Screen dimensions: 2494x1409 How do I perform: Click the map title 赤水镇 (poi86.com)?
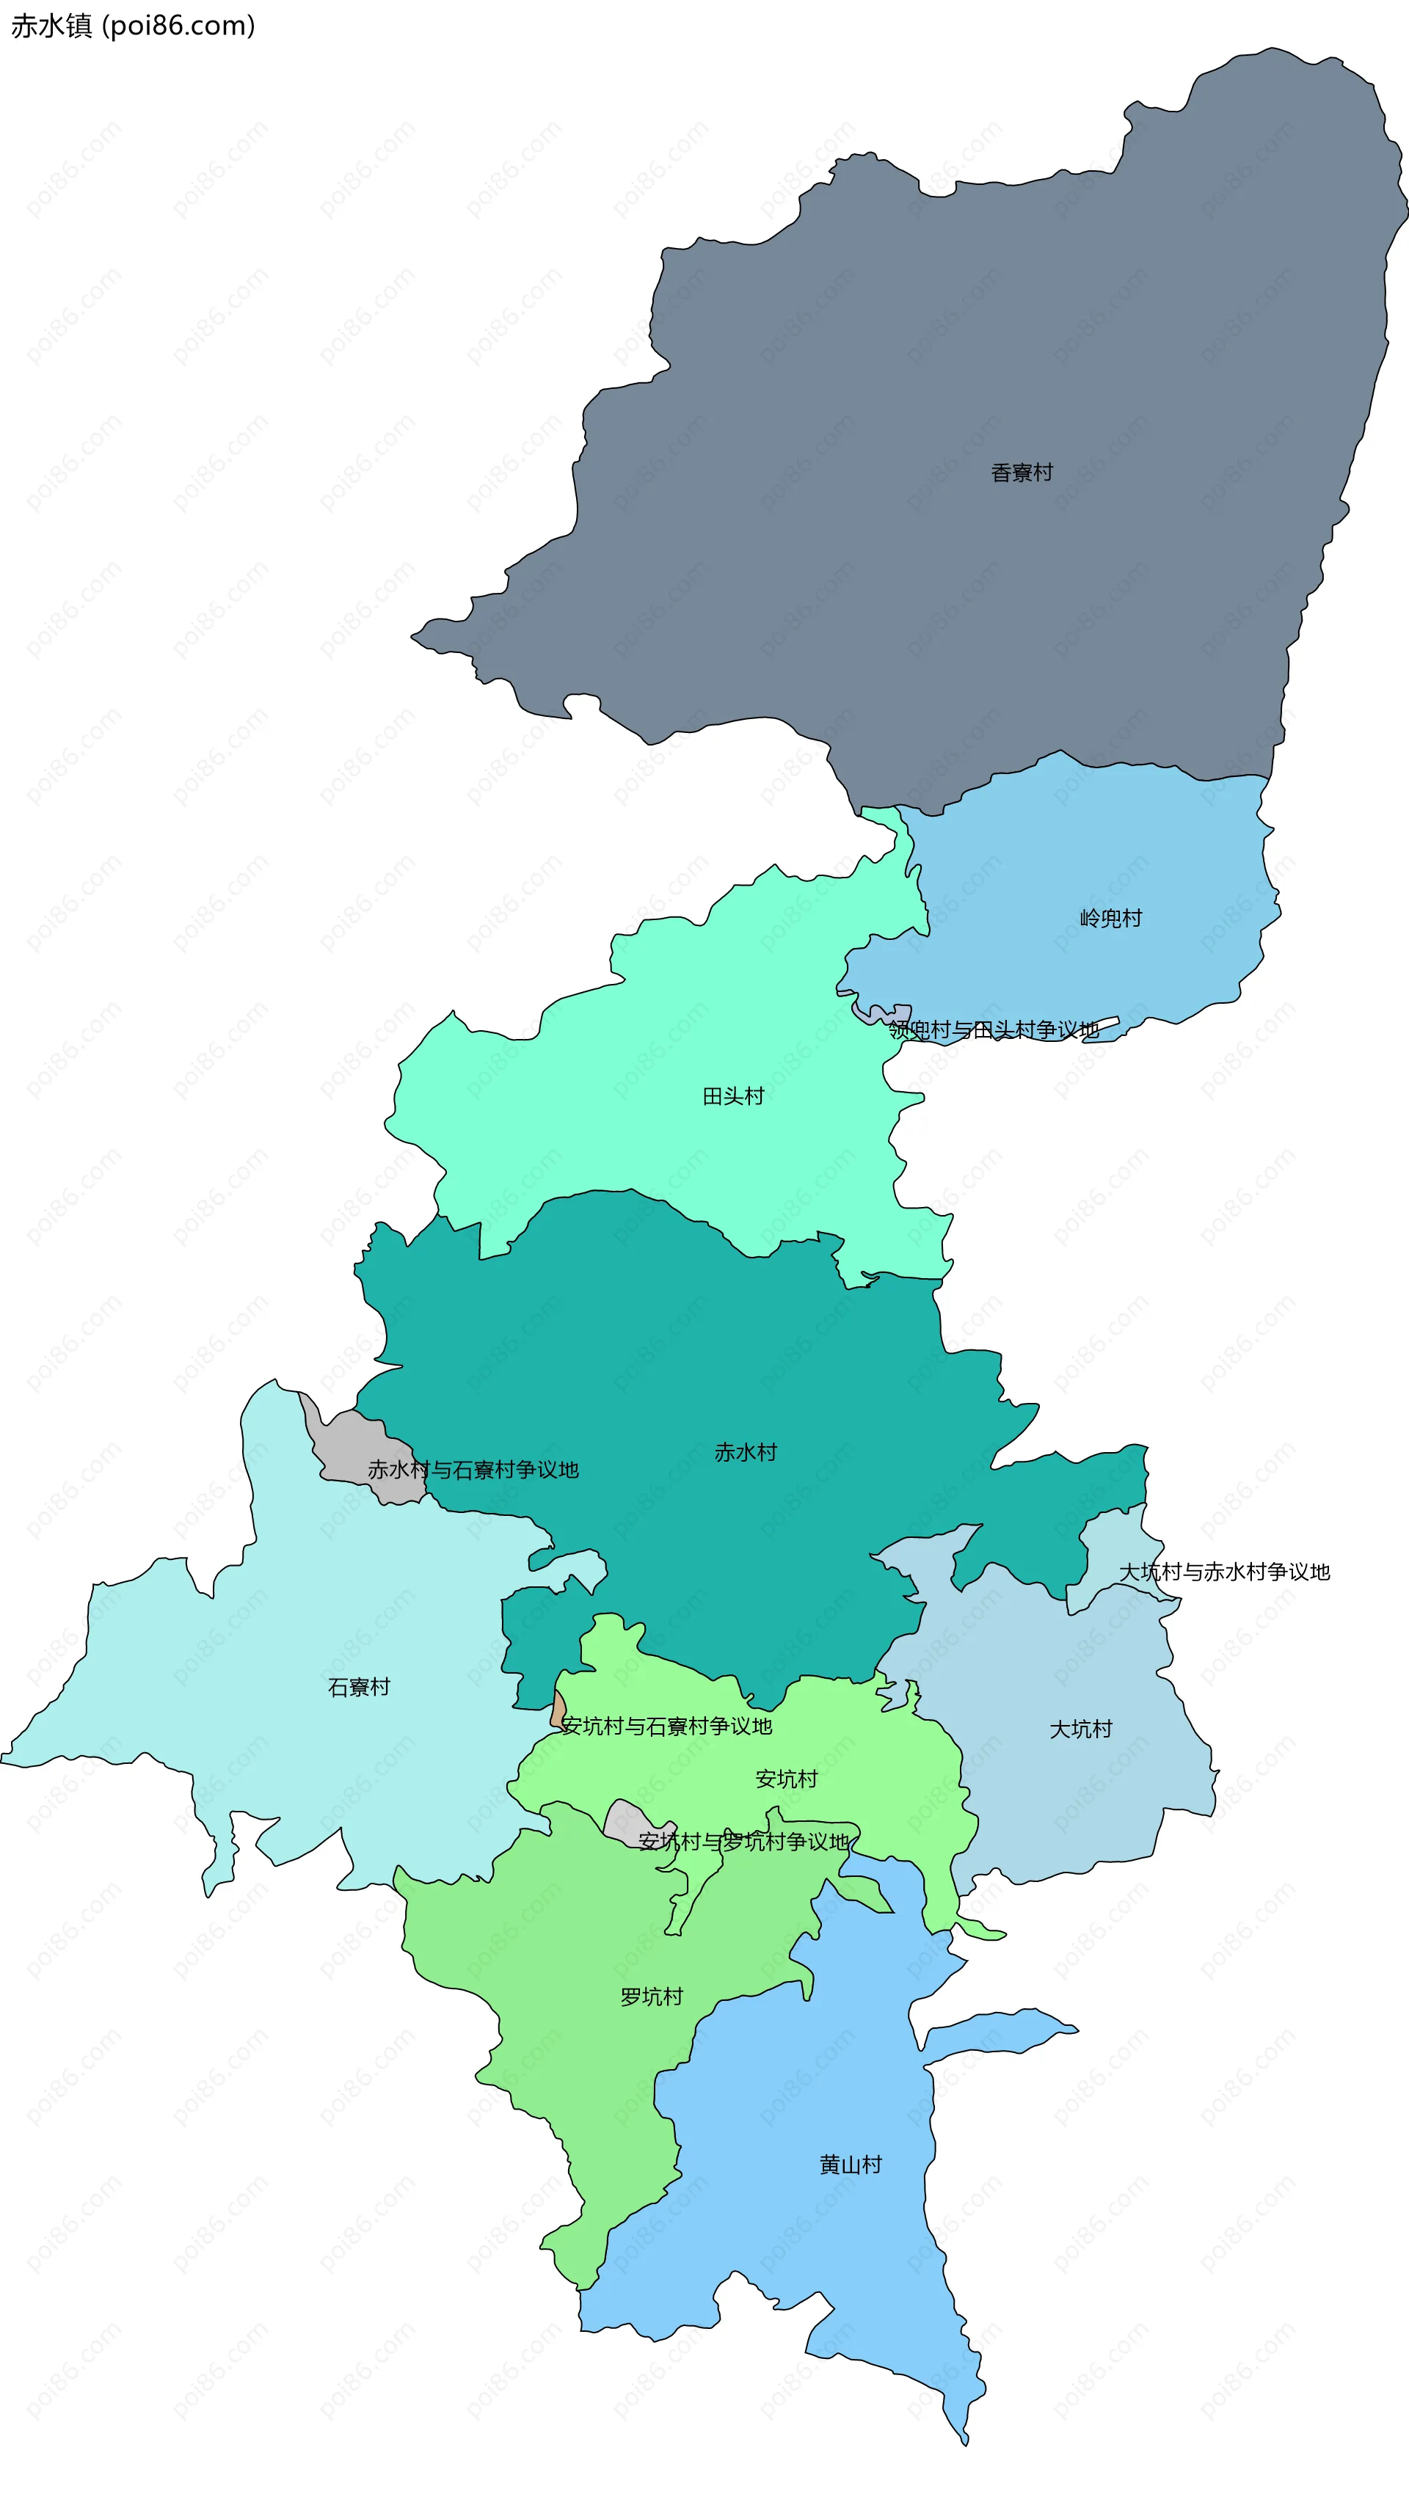(x=133, y=26)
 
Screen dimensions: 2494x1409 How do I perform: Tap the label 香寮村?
(x=1021, y=473)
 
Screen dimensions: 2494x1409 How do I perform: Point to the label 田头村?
(x=733, y=1096)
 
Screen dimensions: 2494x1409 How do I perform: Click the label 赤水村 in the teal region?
(x=745, y=1452)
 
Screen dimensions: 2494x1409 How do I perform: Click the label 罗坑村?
(x=651, y=1997)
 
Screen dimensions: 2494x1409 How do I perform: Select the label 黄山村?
(x=851, y=2165)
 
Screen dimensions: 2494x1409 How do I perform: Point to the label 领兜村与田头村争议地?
(x=994, y=1029)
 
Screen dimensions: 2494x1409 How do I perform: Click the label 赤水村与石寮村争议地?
(x=473, y=1470)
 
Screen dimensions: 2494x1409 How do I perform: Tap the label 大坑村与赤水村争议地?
(x=1224, y=1572)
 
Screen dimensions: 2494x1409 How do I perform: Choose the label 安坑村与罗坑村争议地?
(x=743, y=1842)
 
